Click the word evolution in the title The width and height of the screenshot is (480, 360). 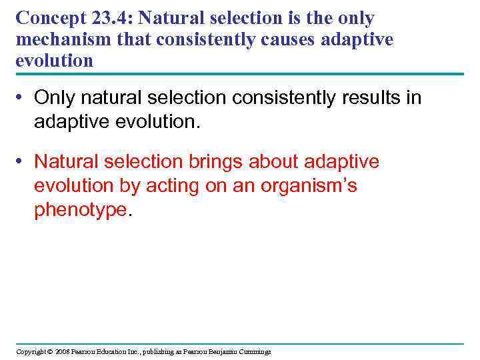click(54, 61)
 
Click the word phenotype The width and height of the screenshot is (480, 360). click(80, 210)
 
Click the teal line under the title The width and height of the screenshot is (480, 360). click(240, 75)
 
